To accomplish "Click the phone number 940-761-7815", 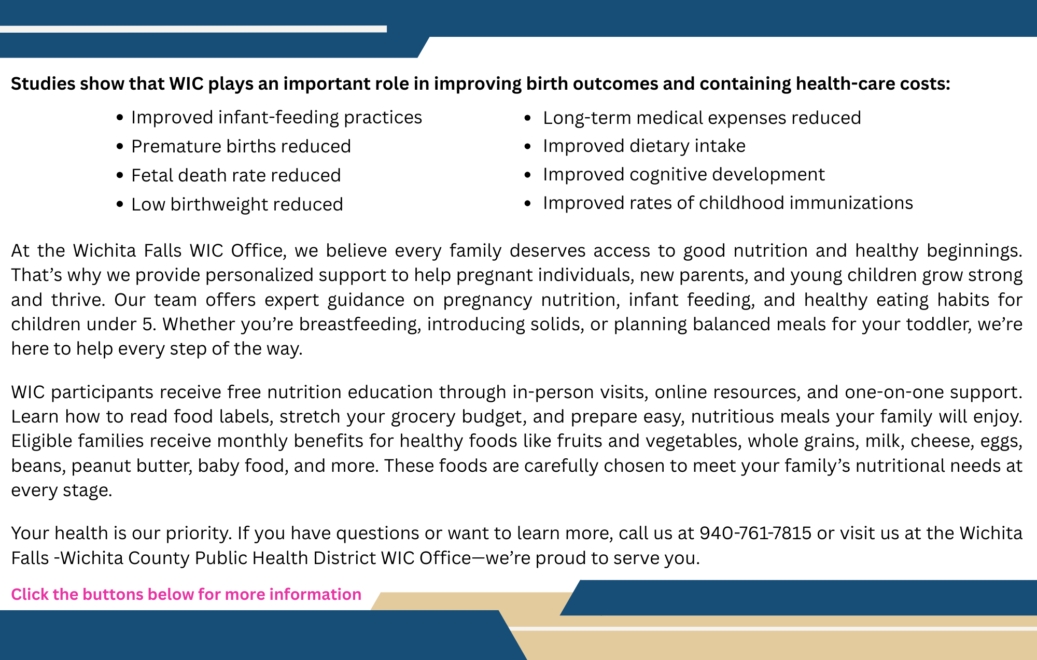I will (x=755, y=533).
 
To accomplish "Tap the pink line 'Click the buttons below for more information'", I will (x=186, y=594).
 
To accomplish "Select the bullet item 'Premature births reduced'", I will (x=241, y=147).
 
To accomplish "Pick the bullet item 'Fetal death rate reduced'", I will (x=236, y=176).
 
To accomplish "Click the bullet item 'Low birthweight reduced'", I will (x=237, y=205).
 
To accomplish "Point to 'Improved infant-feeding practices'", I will (x=276, y=118).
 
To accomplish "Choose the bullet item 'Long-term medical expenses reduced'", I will (x=702, y=118).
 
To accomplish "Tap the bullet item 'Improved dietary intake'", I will (x=644, y=146).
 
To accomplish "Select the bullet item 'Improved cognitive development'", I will (x=683, y=175).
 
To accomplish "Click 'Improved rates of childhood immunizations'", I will (x=727, y=203).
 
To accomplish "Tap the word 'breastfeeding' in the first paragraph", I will (x=358, y=325).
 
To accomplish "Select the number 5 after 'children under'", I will (x=148, y=325).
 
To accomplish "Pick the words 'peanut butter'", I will (x=132, y=466).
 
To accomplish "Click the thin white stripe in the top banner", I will (x=193, y=29).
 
